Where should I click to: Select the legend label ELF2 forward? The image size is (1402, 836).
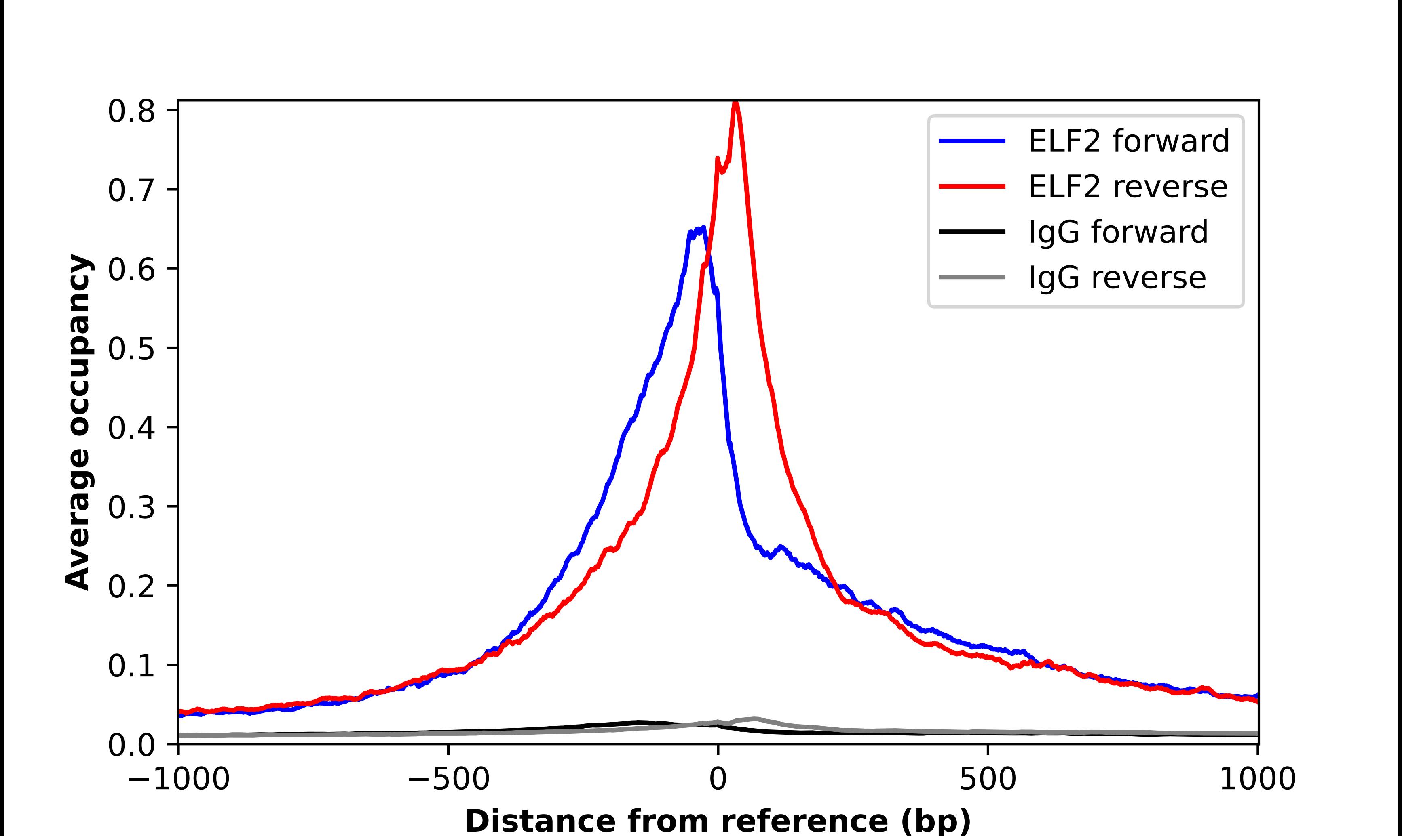pos(1129,141)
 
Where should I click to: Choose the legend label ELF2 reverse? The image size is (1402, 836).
pos(1128,187)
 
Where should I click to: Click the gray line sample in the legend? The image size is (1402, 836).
pos(972,277)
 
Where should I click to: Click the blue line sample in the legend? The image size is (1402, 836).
pos(972,141)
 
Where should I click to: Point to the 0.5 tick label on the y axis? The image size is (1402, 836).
pos(131,349)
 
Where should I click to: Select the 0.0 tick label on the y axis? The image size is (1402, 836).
pos(131,745)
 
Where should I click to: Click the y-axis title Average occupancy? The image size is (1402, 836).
pos(78,422)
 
